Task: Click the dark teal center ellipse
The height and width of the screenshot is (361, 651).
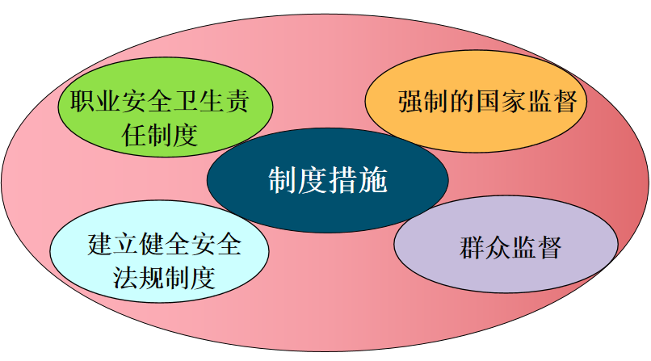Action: (x=328, y=181)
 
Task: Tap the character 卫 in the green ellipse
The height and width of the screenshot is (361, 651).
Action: (x=186, y=101)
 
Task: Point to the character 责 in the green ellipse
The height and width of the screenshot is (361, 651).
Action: (x=237, y=101)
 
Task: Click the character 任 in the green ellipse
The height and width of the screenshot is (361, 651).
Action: (x=134, y=135)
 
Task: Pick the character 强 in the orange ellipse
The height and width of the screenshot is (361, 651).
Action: (x=411, y=101)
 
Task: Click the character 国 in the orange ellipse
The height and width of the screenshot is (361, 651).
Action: (x=488, y=101)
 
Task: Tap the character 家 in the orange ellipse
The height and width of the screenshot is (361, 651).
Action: (x=514, y=101)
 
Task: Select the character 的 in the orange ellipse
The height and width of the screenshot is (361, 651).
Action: (x=463, y=101)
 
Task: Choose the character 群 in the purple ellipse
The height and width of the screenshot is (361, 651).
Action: (x=472, y=248)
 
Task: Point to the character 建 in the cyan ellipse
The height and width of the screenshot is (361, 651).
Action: (x=100, y=245)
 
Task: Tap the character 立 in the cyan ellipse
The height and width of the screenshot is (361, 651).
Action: (x=126, y=245)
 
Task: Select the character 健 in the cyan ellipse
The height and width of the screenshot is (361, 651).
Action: (x=152, y=245)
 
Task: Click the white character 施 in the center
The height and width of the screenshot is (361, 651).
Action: (x=373, y=181)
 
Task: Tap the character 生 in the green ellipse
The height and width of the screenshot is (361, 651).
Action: (x=212, y=101)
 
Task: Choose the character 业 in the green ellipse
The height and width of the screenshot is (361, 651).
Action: (x=108, y=101)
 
